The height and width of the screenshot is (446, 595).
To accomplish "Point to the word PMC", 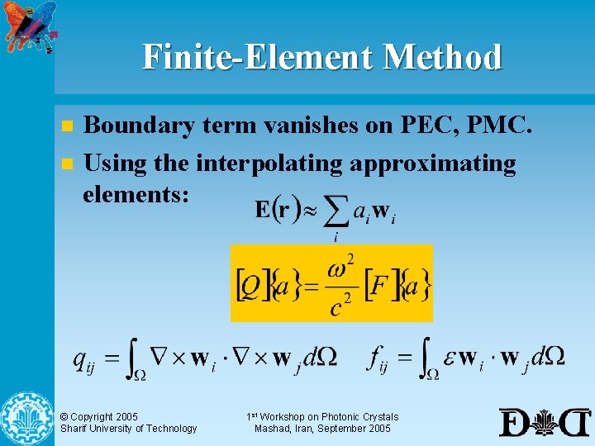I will pyautogui.click(x=502, y=126).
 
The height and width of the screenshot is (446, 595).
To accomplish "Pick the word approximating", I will pyautogui.click(x=433, y=164).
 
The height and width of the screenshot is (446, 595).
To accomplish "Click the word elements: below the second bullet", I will pyautogui.click(x=136, y=195).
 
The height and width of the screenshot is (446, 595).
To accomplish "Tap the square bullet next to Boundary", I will pyautogui.click(x=67, y=127).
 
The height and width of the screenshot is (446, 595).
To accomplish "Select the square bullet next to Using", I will pyautogui.click(x=67, y=164).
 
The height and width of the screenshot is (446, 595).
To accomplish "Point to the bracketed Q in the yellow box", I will pyautogui.click(x=250, y=285).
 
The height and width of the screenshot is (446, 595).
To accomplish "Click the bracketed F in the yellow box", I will pyautogui.click(x=381, y=286).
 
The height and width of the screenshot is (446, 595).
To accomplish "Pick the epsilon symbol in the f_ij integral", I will pyautogui.click(x=446, y=358).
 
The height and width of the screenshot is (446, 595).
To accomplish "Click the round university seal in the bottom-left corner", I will pyautogui.click(x=26, y=418).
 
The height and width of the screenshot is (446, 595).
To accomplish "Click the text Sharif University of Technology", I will pyautogui.click(x=129, y=429).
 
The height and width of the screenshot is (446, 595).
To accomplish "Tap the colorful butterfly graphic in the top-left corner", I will pyautogui.click(x=29, y=25).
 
